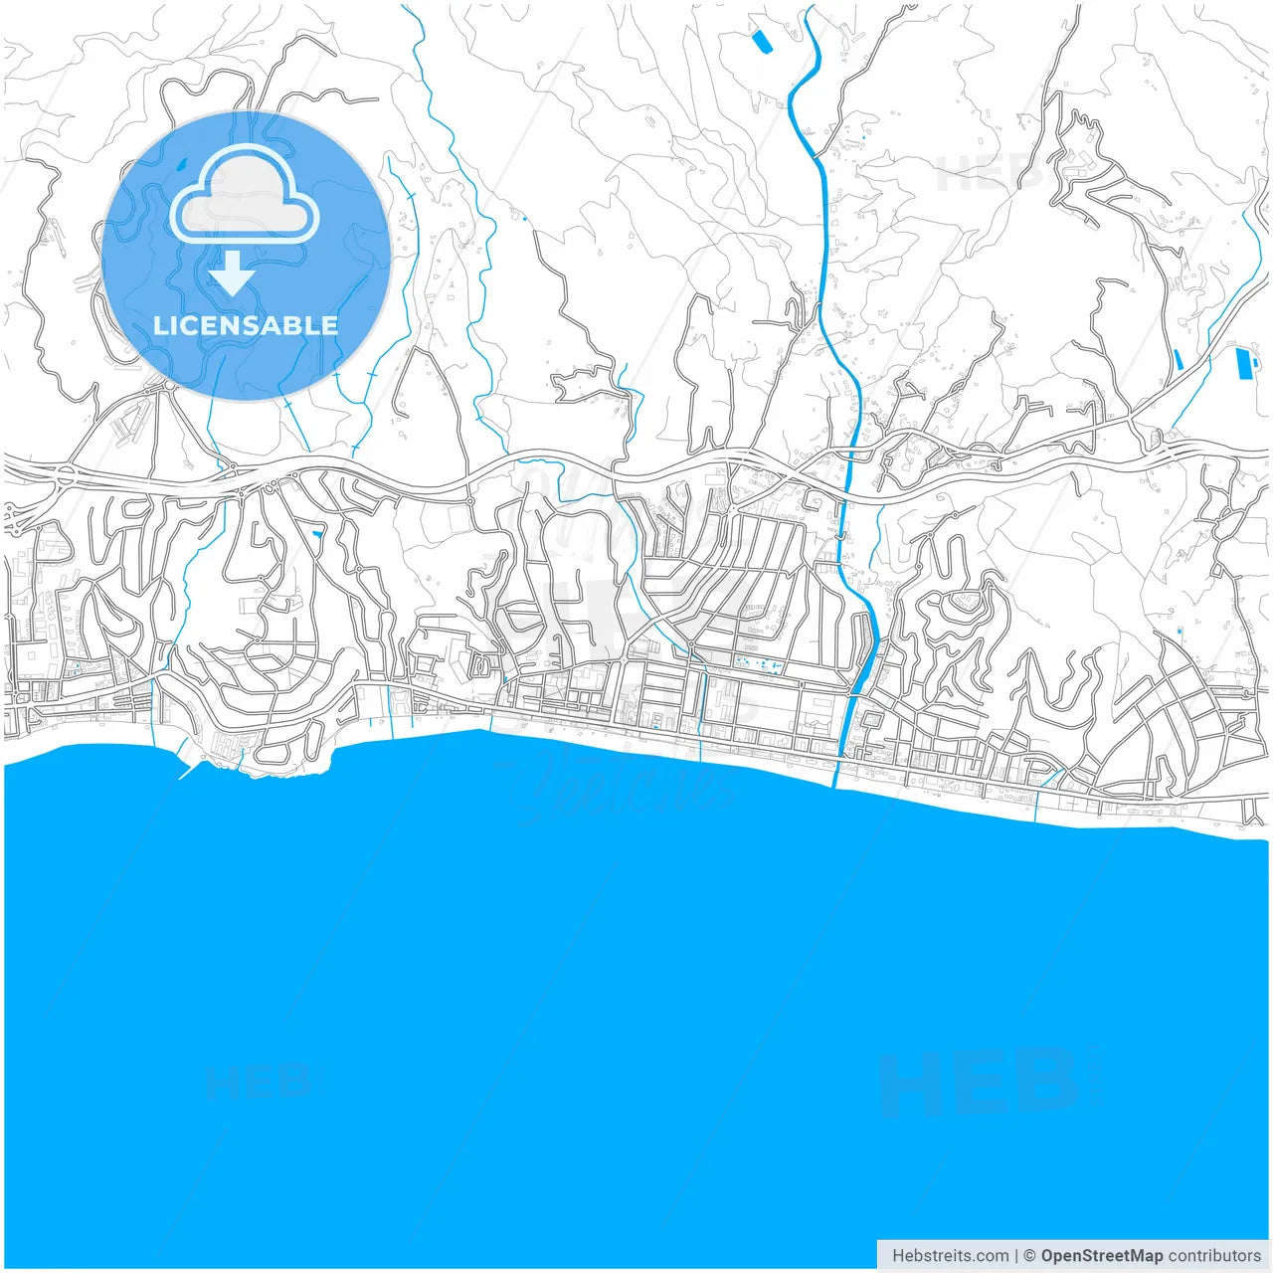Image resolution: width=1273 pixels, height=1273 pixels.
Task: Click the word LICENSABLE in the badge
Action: point(246,325)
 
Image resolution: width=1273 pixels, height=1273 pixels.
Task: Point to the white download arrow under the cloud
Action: point(233,273)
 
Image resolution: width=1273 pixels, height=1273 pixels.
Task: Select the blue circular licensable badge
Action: point(246,256)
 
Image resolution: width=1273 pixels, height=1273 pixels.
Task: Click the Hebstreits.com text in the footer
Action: point(950,1256)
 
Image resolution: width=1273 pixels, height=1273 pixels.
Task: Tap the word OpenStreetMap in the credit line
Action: point(1102,1256)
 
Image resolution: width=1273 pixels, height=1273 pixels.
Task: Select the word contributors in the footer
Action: point(1214,1256)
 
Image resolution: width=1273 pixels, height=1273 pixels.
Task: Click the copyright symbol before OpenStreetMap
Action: point(1029,1256)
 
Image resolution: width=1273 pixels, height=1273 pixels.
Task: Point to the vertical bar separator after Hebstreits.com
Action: point(1016,1256)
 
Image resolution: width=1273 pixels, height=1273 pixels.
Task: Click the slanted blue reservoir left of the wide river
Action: point(761,41)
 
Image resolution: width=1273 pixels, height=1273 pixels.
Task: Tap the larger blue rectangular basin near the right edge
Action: point(1243,364)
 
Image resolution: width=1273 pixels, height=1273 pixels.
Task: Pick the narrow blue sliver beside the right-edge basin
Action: point(1179,359)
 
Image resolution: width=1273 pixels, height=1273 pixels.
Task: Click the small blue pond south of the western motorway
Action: point(317,535)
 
